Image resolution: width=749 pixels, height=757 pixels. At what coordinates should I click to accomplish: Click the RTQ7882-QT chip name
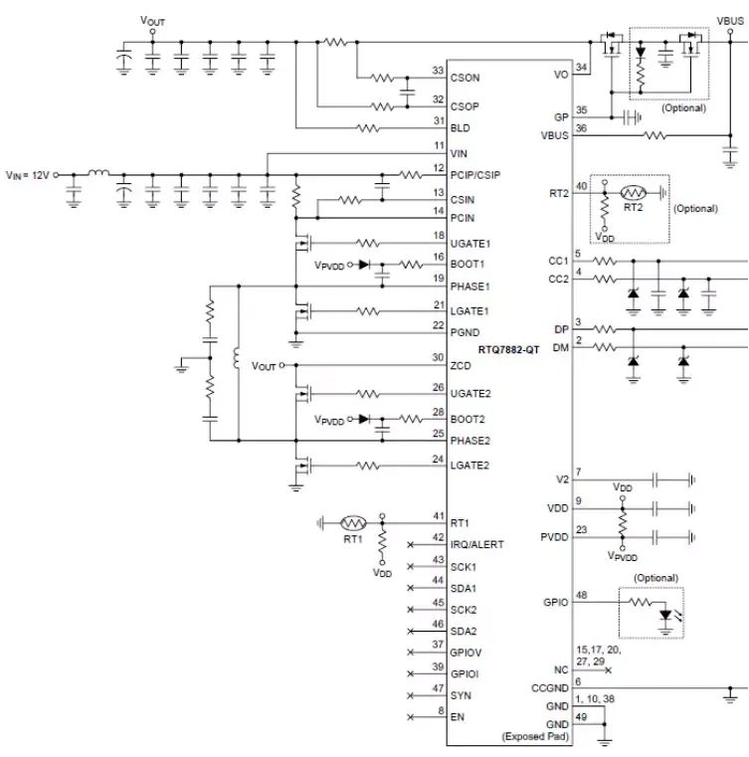[x=508, y=349]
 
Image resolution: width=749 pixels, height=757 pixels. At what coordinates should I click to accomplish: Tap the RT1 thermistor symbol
[x=353, y=523]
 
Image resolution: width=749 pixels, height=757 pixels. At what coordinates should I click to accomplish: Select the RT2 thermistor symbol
[x=633, y=193]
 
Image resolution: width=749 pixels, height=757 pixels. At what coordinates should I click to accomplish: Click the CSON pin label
[x=465, y=78]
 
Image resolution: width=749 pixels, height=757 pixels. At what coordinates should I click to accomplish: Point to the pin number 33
[x=438, y=71]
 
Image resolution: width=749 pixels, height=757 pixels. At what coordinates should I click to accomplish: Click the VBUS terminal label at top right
[x=730, y=21]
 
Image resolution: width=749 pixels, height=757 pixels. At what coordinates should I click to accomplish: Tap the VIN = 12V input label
[x=28, y=175]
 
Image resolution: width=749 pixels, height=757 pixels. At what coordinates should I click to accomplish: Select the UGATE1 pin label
[x=470, y=244]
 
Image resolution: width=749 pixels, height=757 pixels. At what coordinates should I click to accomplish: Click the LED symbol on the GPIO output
[x=665, y=615]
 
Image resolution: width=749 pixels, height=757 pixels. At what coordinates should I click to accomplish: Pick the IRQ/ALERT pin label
[x=476, y=544]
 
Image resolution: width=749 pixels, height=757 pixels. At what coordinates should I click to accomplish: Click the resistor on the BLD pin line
[x=368, y=128]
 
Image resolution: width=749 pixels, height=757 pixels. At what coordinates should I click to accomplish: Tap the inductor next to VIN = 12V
[x=98, y=172]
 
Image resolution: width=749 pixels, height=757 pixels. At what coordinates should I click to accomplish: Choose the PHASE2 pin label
[x=470, y=441]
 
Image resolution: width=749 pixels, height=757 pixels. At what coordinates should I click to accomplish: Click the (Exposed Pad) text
[x=535, y=737]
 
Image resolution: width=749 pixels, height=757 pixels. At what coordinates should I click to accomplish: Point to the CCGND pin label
[x=550, y=688]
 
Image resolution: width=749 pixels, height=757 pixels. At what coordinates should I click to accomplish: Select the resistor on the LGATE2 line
[x=368, y=466]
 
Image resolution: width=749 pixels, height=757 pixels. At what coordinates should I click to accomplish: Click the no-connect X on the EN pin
[x=410, y=717]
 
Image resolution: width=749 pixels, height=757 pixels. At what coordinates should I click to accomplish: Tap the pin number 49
[x=582, y=717]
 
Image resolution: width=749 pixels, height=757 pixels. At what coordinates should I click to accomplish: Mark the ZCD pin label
[x=461, y=366]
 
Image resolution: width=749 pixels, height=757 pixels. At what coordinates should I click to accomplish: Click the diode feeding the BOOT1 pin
[x=364, y=265]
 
